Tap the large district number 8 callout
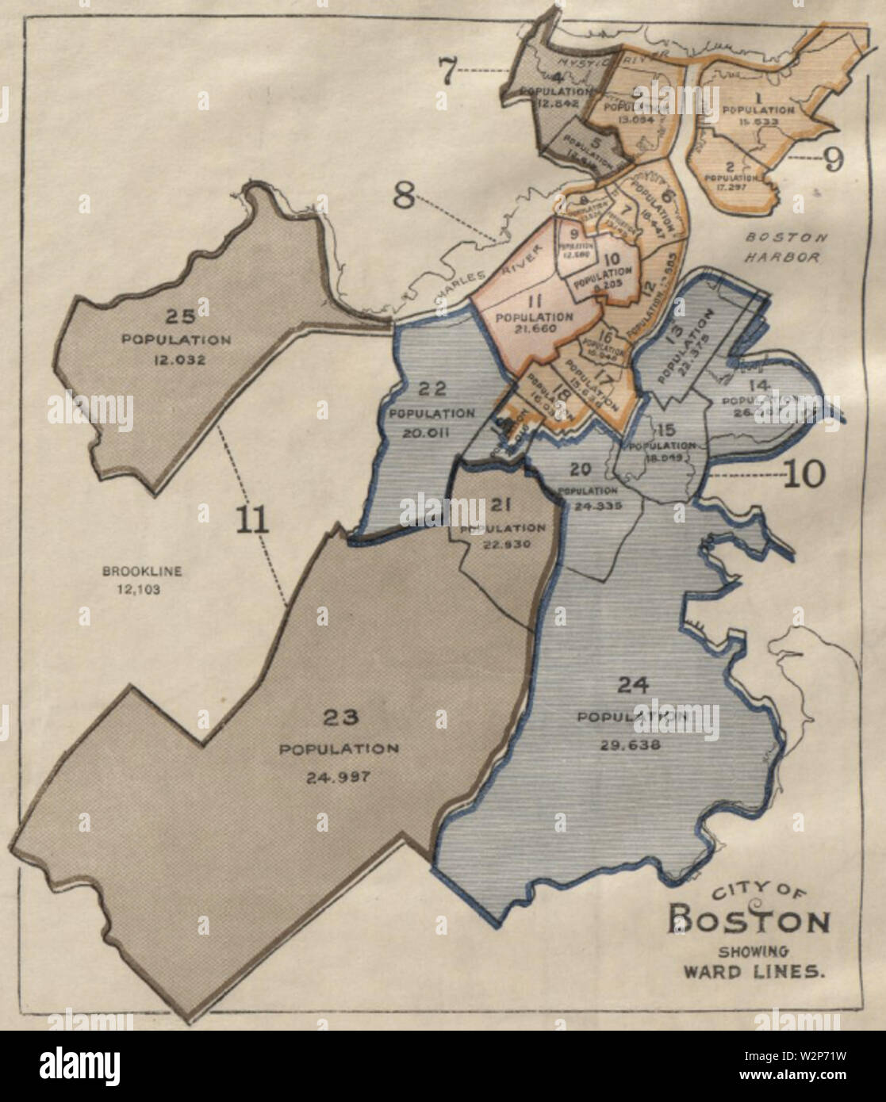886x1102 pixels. pos(405,194)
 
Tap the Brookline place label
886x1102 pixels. pos(131,569)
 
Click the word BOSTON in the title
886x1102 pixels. pos(750,922)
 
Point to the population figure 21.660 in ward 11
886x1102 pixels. pos(524,327)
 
